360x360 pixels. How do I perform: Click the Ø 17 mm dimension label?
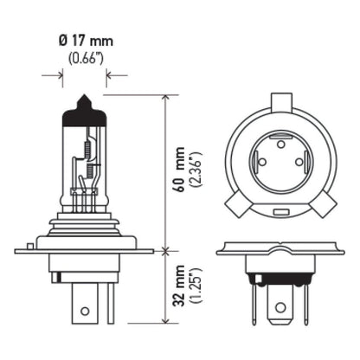pos(85,40)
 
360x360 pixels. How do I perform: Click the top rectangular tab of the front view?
pos(279,100)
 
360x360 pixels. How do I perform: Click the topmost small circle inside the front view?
pos(279,141)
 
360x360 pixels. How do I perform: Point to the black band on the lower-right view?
pos(279,277)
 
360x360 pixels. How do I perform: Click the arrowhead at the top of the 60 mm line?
pos(165,99)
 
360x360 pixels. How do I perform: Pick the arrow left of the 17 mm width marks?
pos(59,75)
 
